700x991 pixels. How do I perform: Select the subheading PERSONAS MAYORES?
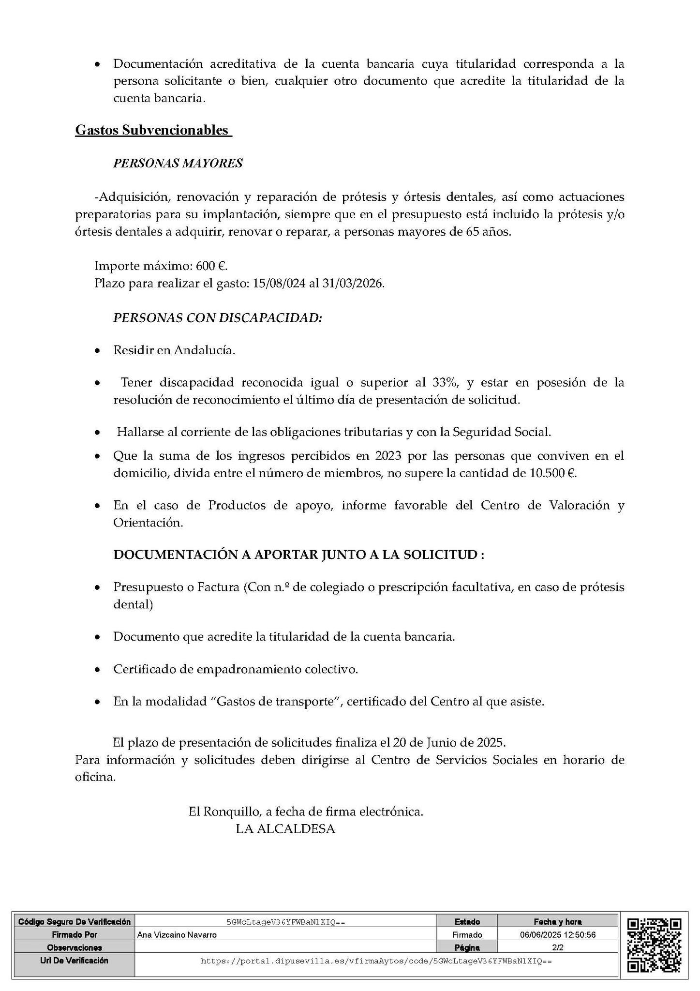(x=178, y=163)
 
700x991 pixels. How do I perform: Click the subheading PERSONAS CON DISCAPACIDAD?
(x=218, y=318)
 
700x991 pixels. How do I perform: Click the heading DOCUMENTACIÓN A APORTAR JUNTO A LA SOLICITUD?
(x=298, y=555)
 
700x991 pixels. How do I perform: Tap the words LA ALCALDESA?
(x=285, y=828)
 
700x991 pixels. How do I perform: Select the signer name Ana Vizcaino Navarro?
(x=177, y=934)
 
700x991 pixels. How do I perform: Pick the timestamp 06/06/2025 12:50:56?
(x=557, y=934)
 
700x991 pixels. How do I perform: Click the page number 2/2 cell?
(x=557, y=947)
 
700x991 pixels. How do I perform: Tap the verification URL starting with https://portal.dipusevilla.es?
(x=376, y=961)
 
